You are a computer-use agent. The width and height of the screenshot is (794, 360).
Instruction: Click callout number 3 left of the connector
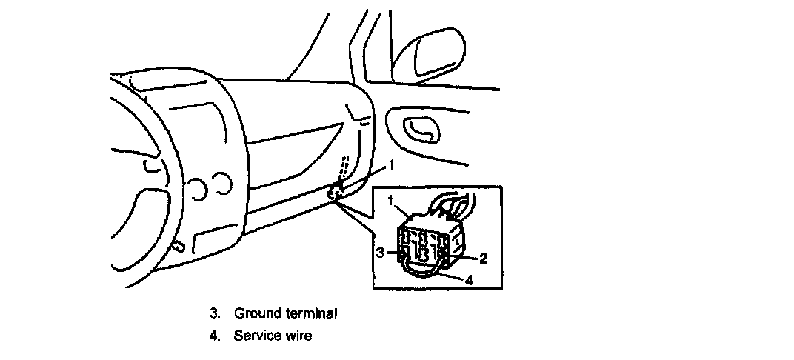tap(379, 253)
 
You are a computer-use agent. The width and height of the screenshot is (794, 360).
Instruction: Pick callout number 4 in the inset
tap(469, 281)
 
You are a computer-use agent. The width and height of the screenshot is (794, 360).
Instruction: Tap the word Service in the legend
tap(256, 336)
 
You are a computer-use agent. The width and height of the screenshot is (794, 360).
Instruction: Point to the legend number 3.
tap(213, 313)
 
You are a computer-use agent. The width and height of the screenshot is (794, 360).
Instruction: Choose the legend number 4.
tap(213, 336)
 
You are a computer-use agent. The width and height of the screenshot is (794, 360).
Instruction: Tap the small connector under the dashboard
tap(334, 193)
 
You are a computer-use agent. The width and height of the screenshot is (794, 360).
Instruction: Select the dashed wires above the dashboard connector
tap(341, 168)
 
